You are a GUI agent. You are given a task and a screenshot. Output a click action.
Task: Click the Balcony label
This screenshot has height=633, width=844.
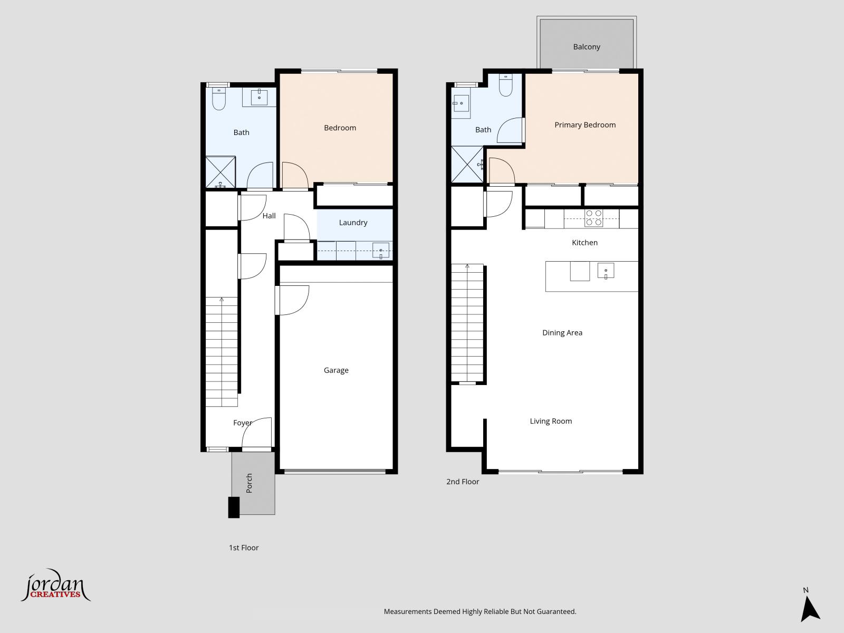[587, 47]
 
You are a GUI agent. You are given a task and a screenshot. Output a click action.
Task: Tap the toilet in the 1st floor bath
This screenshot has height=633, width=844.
[219, 99]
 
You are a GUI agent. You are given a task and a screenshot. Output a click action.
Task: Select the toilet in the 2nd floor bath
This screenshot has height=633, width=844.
[505, 85]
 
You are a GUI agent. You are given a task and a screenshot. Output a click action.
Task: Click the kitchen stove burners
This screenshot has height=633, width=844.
[594, 218]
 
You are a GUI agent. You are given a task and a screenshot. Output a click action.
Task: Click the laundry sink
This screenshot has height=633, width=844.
[380, 251]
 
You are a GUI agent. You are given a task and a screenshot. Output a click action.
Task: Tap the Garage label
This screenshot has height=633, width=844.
[336, 370]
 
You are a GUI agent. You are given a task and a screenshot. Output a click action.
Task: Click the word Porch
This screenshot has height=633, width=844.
[250, 483]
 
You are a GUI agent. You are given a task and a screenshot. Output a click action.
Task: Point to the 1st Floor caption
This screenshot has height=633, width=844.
[244, 548]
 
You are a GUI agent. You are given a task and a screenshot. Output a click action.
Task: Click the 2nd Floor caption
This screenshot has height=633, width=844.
[463, 482]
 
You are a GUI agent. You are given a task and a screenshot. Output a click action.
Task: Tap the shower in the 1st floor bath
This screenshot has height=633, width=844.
[220, 172]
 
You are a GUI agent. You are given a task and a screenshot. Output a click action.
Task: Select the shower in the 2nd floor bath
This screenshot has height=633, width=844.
[467, 165]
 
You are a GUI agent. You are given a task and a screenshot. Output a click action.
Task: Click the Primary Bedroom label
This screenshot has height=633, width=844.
[585, 125]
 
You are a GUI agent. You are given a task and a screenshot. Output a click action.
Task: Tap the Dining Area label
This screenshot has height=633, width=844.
[562, 333]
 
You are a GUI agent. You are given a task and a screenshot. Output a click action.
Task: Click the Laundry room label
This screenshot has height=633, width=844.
[353, 223]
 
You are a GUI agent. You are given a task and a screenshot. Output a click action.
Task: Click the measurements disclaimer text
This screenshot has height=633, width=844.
[479, 612]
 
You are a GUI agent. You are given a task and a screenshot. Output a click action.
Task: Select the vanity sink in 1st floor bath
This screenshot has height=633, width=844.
[259, 97]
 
